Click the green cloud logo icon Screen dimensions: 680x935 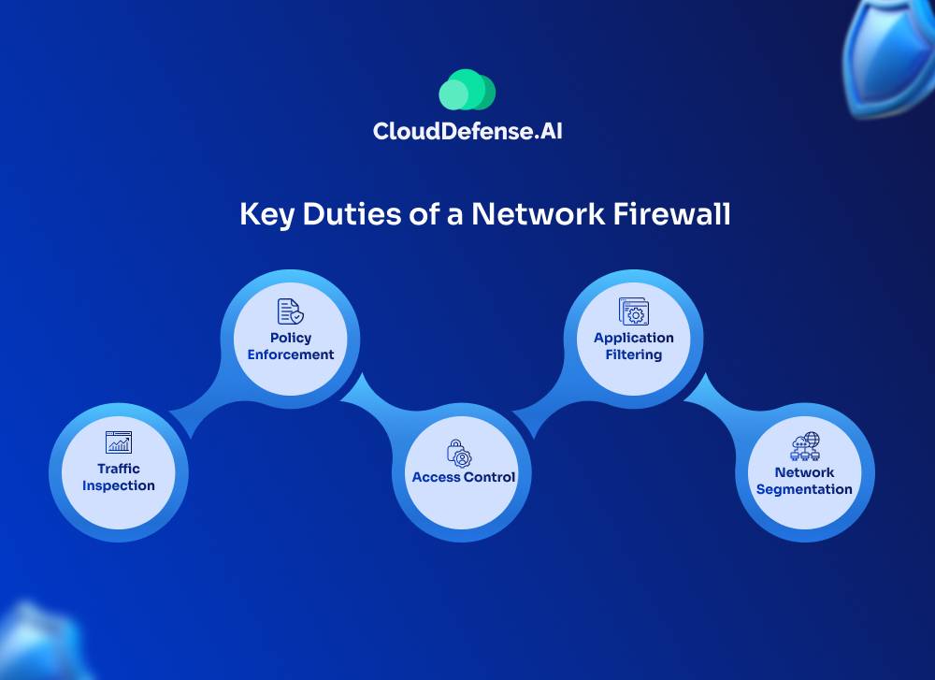coord(467,90)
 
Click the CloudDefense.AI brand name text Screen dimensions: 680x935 coord(467,131)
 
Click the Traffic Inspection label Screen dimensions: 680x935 coord(119,477)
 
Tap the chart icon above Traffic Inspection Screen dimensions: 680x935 coord(119,442)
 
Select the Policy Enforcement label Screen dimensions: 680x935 coord(291,346)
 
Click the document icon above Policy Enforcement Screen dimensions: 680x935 coord(290,311)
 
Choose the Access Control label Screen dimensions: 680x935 coord(464,477)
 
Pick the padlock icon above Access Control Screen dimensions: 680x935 coord(459,453)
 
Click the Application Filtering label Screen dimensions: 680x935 coord(634,346)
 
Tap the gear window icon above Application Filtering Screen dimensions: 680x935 coord(634,311)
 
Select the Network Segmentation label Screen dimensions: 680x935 coord(804,481)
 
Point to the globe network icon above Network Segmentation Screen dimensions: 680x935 coord(804,446)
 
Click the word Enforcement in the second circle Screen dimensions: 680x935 coord(291,354)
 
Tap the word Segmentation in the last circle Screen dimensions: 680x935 coord(804,489)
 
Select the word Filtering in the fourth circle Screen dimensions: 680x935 coord(634,354)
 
